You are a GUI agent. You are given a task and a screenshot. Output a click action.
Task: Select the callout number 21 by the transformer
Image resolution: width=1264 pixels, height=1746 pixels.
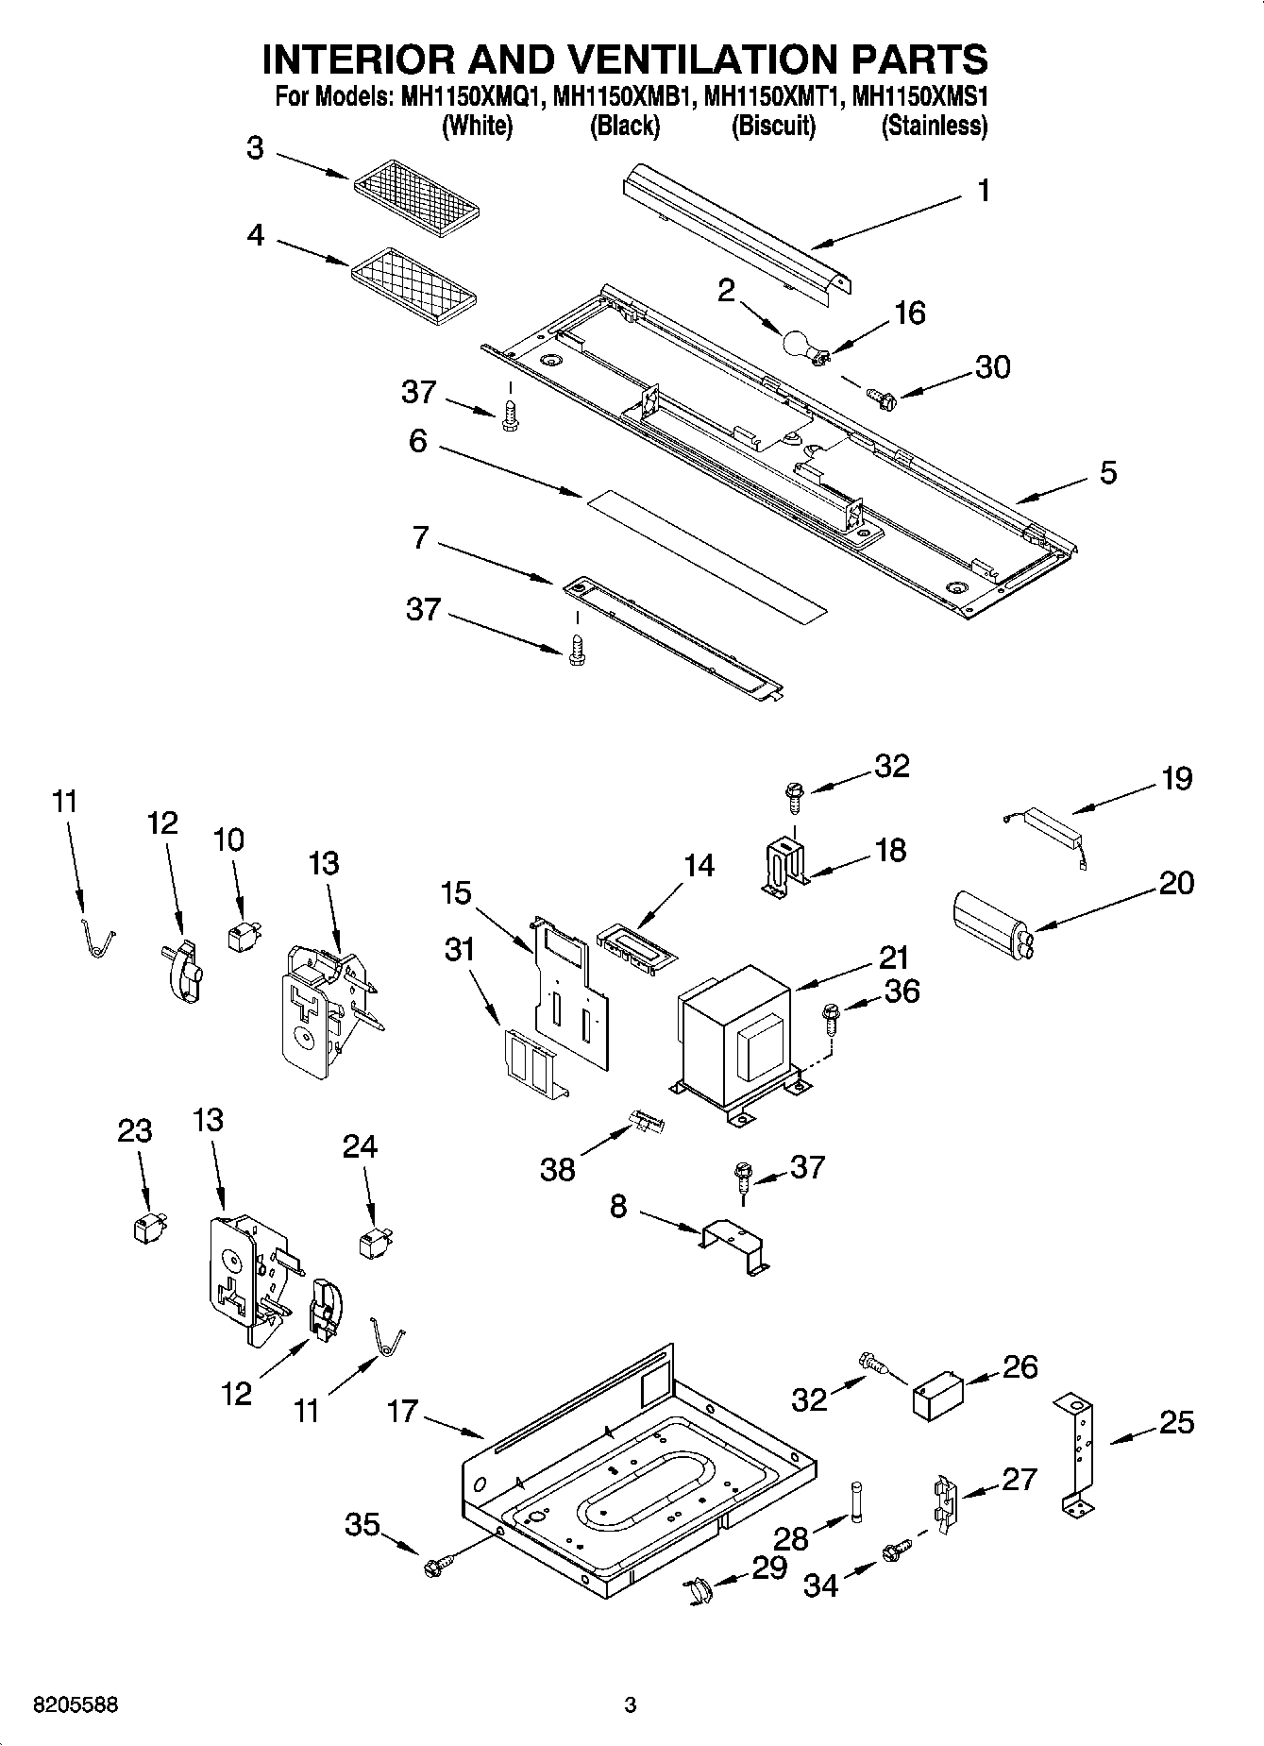click(893, 958)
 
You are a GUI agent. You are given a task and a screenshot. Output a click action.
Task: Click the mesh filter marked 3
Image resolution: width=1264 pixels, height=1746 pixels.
click(416, 195)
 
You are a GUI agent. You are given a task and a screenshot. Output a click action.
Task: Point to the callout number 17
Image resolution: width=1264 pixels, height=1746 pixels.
click(402, 1412)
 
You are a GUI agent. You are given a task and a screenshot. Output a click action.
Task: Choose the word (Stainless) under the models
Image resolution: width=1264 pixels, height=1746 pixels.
click(934, 126)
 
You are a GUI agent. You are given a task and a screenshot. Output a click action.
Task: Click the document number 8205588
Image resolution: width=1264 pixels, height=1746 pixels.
click(76, 1704)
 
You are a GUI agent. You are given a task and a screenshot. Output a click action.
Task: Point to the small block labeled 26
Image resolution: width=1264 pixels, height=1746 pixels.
click(937, 1395)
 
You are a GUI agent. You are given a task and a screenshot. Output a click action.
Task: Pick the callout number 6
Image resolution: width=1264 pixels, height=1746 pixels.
click(418, 441)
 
